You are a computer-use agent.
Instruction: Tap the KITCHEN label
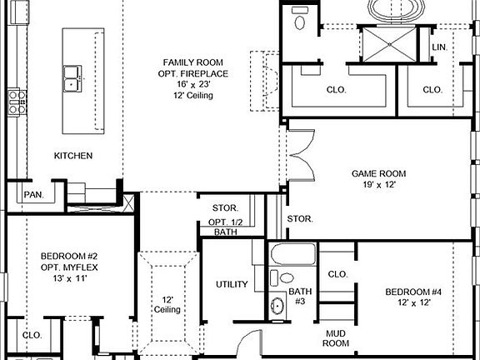(x=73, y=156)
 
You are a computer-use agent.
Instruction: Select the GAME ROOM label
(x=378, y=173)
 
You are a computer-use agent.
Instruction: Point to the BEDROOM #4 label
(x=412, y=292)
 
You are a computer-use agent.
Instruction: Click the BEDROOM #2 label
(x=70, y=256)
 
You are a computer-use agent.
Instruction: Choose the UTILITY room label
(x=232, y=284)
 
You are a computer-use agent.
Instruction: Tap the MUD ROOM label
(x=336, y=337)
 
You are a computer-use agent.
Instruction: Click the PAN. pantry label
(x=33, y=194)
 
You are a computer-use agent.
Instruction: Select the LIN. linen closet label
(x=439, y=47)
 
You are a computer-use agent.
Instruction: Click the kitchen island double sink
(x=75, y=78)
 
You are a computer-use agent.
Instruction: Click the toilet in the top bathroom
(x=299, y=21)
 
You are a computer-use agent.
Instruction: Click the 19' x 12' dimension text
(x=378, y=185)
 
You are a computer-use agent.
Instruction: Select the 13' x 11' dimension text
(x=70, y=278)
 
